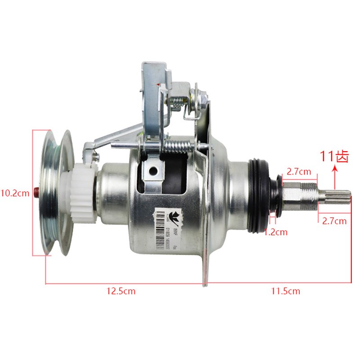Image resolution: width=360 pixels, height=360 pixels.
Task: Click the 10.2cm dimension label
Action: (17, 193)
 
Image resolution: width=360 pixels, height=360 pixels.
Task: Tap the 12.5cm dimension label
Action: (120, 291)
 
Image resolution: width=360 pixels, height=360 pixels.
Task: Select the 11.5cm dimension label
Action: (285, 291)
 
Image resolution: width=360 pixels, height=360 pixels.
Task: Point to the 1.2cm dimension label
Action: (275, 232)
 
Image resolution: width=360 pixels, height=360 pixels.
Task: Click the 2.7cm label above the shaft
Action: (299, 171)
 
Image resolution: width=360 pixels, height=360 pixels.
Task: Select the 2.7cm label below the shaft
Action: (334, 220)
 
